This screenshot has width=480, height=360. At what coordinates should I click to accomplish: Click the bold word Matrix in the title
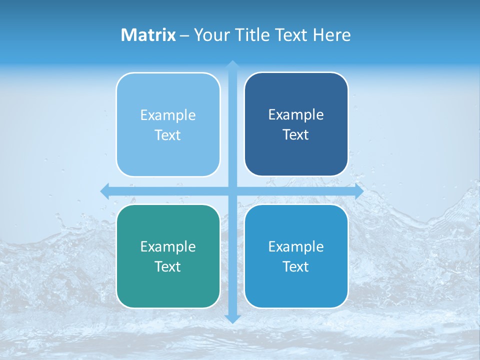[148, 35]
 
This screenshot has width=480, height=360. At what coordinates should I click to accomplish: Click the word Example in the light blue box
[168, 115]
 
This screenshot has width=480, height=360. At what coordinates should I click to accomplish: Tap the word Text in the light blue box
[168, 135]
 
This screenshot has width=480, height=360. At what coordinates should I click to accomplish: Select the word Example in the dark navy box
[296, 115]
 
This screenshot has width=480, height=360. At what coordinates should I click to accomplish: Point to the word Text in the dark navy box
[296, 135]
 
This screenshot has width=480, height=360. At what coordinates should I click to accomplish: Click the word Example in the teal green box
[168, 247]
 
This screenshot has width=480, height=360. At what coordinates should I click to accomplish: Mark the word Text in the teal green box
[168, 267]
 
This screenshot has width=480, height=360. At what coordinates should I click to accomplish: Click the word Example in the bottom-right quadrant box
[296, 247]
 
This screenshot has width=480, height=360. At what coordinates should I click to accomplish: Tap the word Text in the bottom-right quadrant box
[296, 267]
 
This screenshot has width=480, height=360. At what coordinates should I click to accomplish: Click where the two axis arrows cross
[232, 191]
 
